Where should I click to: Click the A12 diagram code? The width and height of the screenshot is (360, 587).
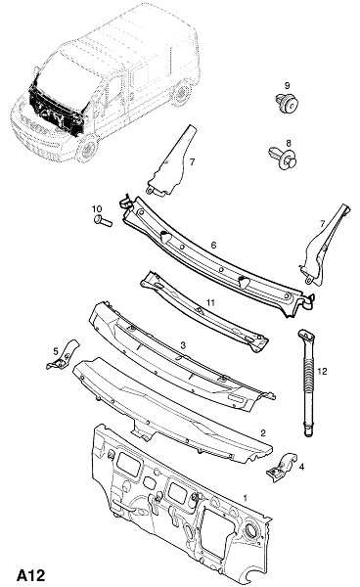(30, 574)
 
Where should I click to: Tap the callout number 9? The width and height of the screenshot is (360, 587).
(287, 86)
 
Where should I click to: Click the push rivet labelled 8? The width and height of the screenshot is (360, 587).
(283, 158)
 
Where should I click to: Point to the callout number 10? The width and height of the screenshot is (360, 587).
(97, 208)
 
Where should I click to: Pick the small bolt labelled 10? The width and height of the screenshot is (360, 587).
(103, 221)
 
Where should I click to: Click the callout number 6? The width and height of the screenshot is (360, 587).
(213, 246)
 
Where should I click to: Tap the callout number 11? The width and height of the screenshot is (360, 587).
(210, 302)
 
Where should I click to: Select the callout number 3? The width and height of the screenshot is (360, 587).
(183, 345)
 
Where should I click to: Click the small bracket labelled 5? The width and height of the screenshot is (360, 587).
(63, 356)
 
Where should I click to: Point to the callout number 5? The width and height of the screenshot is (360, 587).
(56, 351)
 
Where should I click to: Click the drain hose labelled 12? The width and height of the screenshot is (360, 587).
(308, 383)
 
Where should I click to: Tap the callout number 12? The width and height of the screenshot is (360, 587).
(322, 371)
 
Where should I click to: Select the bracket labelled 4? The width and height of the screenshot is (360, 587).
(282, 467)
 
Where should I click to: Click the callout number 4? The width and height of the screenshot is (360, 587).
(301, 467)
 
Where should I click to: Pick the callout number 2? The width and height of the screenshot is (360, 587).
(263, 433)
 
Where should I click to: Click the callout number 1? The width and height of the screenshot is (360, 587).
(246, 498)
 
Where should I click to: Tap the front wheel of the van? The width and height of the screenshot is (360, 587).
(88, 149)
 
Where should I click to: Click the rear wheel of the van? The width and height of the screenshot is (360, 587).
(182, 93)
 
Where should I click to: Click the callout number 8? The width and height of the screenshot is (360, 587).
(289, 143)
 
